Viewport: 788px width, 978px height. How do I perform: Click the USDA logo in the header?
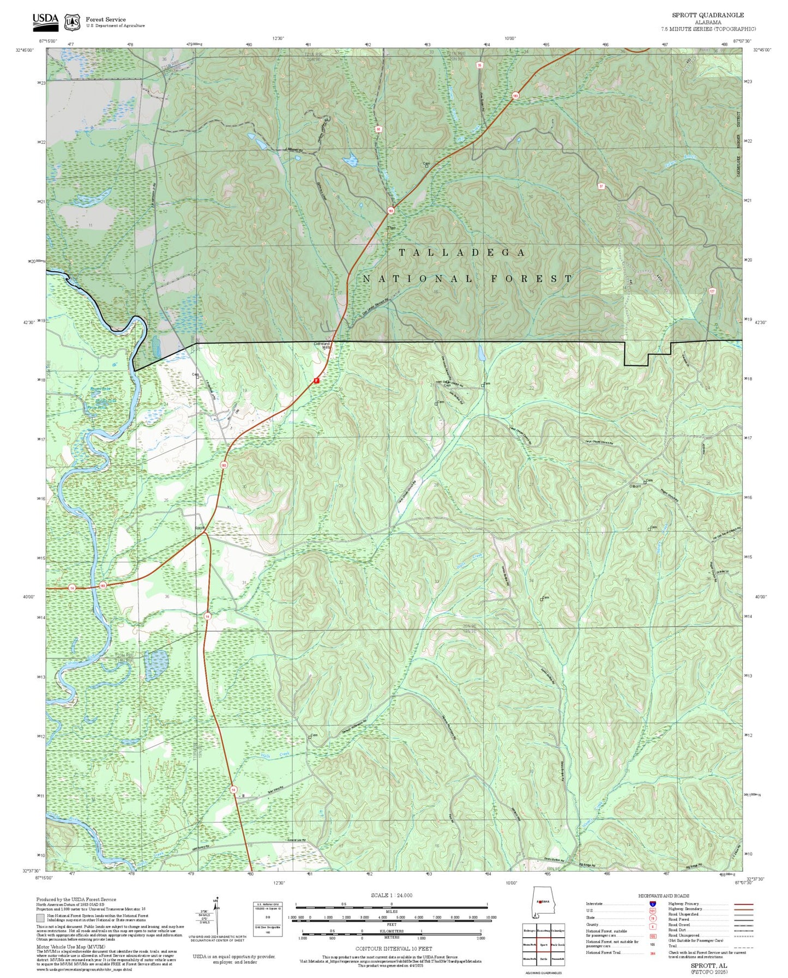pos(45,21)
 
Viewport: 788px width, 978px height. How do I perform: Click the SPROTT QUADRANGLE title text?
pos(707,15)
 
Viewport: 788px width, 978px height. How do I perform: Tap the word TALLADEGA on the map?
pos(462,252)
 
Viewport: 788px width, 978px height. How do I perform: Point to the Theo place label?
pos(391,227)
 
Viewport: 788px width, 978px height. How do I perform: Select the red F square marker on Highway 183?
pos(316,381)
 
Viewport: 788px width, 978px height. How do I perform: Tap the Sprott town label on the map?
pos(200,528)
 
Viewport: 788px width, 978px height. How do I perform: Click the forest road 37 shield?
pos(601,186)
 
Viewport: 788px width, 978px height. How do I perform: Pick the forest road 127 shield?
pos(712,292)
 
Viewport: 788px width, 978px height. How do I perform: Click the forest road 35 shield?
pos(479,65)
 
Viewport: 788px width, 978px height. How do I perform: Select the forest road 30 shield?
pos(378,130)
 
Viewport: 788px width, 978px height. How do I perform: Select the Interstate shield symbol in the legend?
pos(652,903)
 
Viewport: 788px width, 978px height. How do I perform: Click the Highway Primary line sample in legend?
pos(742,903)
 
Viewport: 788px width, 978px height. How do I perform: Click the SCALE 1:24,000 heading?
pos(391,895)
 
